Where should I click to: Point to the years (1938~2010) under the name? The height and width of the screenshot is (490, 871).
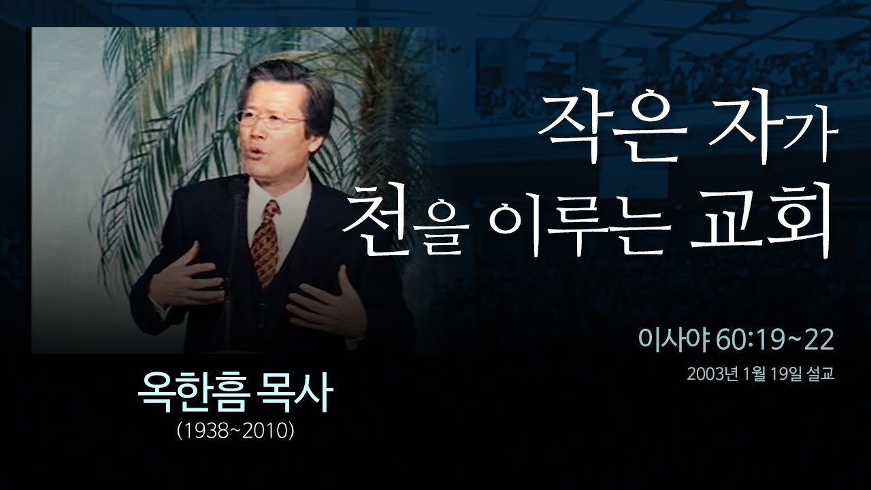point(235,430)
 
